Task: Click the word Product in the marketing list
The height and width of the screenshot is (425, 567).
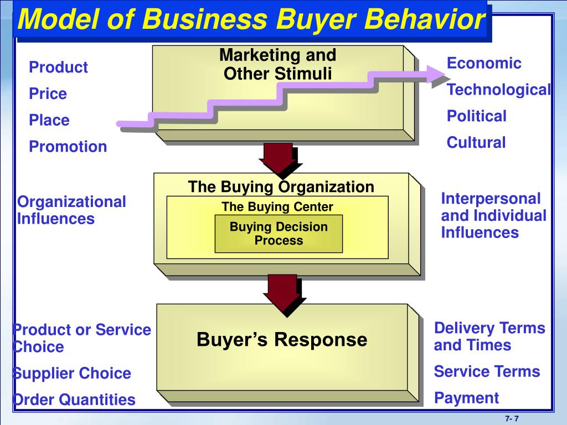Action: (x=58, y=68)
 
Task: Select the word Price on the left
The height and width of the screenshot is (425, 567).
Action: (x=48, y=94)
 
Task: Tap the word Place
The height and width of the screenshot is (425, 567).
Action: (x=49, y=120)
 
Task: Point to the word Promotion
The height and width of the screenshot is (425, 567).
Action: (x=68, y=147)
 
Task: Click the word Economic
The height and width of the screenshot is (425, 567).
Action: (x=484, y=63)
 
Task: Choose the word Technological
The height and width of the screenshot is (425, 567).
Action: (x=498, y=90)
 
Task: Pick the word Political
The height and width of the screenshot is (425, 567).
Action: (x=477, y=116)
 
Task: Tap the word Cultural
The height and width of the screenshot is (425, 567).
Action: (x=476, y=143)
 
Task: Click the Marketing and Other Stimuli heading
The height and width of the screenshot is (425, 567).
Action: (x=277, y=64)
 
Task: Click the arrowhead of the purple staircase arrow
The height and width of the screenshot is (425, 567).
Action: (x=437, y=73)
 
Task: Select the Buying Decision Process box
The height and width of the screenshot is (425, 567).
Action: (x=279, y=234)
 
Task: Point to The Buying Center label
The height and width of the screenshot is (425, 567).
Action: (x=277, y=207)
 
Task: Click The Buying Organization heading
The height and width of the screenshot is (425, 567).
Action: (x=281, y=187)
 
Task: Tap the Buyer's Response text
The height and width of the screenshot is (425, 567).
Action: (x=282, y=339)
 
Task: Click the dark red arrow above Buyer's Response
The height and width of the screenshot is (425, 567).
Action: (x=282, y=294)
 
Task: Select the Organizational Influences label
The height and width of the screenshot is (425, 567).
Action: (x=71, y=210)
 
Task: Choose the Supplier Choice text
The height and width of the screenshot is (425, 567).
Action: (x=72, y=374)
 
